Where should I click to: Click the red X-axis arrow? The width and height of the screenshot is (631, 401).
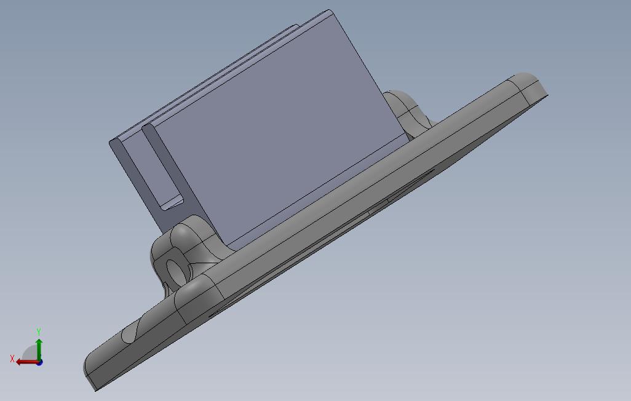click(27, 362)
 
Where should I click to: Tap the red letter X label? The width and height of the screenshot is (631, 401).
click(12, 359)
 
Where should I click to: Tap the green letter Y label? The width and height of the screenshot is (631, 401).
click(39, 332)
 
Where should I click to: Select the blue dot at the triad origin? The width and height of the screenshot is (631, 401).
click(39, 362)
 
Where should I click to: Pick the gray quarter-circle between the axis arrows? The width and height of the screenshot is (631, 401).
click(31, 354)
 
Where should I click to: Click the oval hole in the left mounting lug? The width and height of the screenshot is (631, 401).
click(176, 271)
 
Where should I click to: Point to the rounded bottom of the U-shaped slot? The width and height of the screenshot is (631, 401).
click(171, 205)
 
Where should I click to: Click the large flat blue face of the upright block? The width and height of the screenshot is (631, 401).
click(277, 133)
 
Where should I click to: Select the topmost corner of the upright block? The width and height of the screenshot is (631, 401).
click(329, 10)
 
